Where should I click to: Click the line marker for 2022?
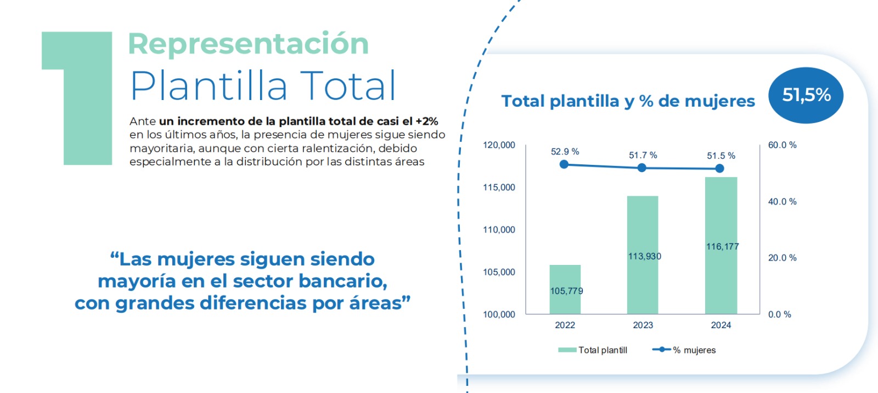(564, 164)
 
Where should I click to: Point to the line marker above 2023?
(642, 168)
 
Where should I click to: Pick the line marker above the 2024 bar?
(720, 169)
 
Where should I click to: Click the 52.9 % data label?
(565, 152)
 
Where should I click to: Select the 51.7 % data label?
(643, 156)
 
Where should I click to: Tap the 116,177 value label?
(722, 247)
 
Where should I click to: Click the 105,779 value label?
(566, 291)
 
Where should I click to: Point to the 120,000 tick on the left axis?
(499, 145)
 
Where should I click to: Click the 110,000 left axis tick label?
(499, 230)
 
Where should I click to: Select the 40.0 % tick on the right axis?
(782, 202)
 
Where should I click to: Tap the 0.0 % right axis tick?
(779, 314)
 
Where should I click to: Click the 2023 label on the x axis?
(643, 325)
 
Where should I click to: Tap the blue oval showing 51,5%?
(806, 95)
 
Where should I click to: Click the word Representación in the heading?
(248, 44)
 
